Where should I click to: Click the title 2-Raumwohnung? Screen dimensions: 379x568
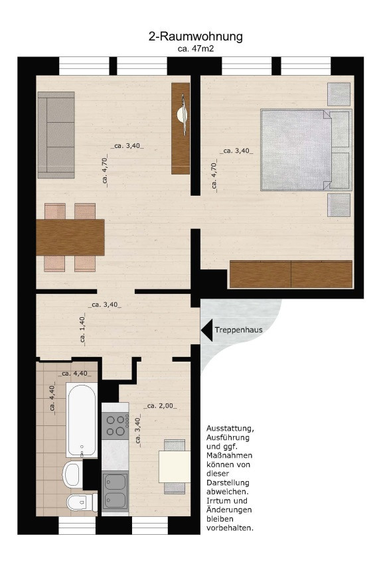click(x=195, y=36)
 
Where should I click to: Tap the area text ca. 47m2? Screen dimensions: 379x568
click(x=196, y=48)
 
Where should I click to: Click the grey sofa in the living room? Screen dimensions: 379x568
click(x=56, y=135)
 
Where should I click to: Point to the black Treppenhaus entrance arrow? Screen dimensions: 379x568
click(x=207, y=330)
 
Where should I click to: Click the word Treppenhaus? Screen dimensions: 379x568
click(x=238, y=330)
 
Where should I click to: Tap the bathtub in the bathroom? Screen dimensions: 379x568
click(x=82, y=420)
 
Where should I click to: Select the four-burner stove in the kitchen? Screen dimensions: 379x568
click(x=115, y=425)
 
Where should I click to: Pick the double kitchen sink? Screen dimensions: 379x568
click(x=115, y=491)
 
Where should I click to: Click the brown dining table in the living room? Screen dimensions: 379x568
click(x=70, y=238)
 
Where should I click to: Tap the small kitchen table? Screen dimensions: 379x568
click(x=175, y=466)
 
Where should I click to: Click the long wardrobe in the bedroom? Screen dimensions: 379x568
click(x=291, y=274)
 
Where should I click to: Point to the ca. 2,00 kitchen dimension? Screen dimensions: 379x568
click(x=160, y=406)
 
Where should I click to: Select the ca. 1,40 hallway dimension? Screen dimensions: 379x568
click(x=82, y=329)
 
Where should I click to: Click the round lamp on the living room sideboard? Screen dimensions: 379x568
click(x=182, y=115)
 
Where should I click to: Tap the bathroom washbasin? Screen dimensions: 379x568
click(x=72, y=474)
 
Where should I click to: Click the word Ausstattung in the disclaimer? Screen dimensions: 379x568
click(x=230, y=429)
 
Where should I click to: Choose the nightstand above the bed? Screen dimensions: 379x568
click(x=339, y=94)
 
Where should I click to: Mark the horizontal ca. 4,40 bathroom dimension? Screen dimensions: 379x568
click(x=75, y=374)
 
